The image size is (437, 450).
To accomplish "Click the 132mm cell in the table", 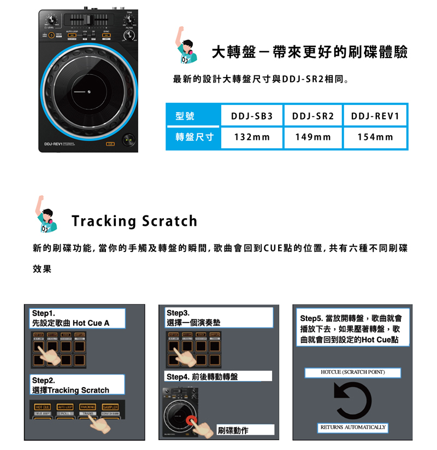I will pos(252,137).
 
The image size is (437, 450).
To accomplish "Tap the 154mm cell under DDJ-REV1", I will pos(375,137).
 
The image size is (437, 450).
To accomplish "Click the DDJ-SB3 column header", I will pos(252,116).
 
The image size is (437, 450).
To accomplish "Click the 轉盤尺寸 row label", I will pos(193,137).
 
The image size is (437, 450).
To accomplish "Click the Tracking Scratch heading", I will pos(134,221).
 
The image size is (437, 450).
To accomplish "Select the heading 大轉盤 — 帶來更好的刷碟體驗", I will pos(310,53).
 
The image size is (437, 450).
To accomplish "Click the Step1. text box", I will pos(78,318).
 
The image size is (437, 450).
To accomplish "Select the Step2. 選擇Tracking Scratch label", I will pos(78,385).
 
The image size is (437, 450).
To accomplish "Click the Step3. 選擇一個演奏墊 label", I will pos(219,318).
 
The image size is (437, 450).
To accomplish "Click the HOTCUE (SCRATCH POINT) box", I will pos(353,372).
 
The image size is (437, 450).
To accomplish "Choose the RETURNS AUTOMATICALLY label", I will pos(353,427).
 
